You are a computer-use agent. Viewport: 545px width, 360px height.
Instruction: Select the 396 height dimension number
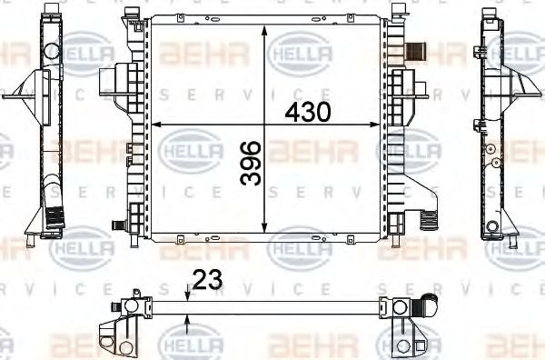click(x=252, y=164)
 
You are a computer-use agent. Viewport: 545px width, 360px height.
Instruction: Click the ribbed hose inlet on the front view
click(x=417, y=51)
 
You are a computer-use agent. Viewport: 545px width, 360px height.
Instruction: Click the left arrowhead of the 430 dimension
click(x=154, y=124)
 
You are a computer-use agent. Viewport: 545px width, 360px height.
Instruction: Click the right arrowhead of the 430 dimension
click(x=381, y=124)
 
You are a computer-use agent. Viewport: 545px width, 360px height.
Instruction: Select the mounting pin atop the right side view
click(x=491, y=10)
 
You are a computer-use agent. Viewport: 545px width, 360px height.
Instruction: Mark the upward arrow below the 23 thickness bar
click(x=187, y=318)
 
